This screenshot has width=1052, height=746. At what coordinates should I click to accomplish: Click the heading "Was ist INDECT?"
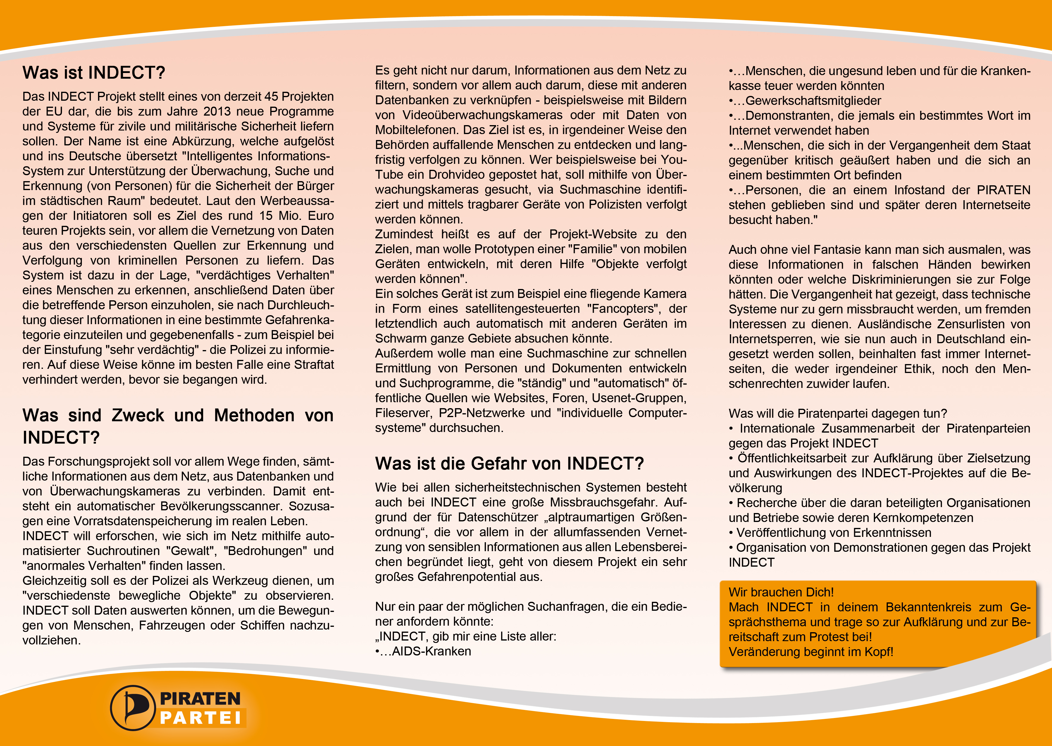pyautogui.click(x=94, y=73)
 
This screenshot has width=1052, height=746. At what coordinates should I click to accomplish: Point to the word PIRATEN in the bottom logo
pyautogui.click(x=200, y=698)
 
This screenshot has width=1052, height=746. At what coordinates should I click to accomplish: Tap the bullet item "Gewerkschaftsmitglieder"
pyautogui.click(x=813, y=101)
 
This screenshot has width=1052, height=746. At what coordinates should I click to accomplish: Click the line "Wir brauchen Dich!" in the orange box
pyautogui.click(x=781, y=592)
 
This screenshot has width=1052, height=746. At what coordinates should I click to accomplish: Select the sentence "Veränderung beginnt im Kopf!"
pyautogui.click(x=811, y=652)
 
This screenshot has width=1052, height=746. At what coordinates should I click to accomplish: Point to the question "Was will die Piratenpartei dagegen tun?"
pyautogui.click(x=837, y=414)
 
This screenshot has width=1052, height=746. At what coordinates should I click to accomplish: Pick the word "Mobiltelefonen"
pyautogui.click(x=417, y=130)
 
